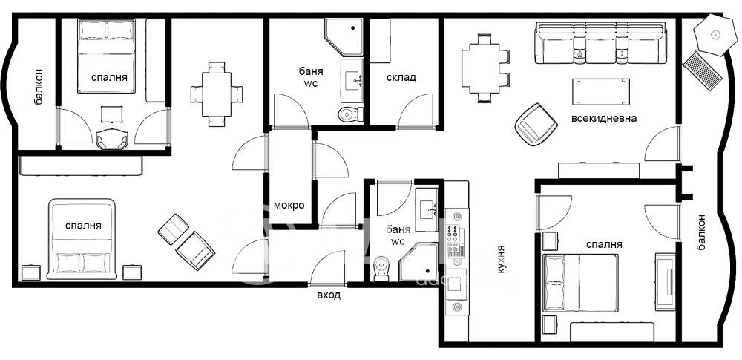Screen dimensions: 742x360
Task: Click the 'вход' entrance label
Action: click(329, 295)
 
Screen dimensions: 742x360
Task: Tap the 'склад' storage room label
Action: click(401, 78)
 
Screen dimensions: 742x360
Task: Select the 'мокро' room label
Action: click(289, 206)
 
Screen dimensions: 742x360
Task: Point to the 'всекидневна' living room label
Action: click(604, 119)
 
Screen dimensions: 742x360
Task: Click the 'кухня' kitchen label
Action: click(500, 259)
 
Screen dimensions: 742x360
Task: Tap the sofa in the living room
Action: click(601, 42)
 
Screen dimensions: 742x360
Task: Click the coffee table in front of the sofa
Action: click(601, 92)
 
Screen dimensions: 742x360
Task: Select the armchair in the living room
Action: click(536, 124)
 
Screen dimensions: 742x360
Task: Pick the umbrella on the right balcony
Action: click(714, 35)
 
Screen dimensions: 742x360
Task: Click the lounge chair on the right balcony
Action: click(702, 71)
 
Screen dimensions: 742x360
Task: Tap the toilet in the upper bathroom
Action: click(351, 114)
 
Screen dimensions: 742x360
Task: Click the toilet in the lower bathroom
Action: click(381, 269)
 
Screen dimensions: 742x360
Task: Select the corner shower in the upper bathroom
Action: click(344, 36)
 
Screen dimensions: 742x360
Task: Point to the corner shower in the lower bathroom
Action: click(418, 263)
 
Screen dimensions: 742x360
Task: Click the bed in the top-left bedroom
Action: click(106, 56)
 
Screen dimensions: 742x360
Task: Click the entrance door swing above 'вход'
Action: click(327, 268)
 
